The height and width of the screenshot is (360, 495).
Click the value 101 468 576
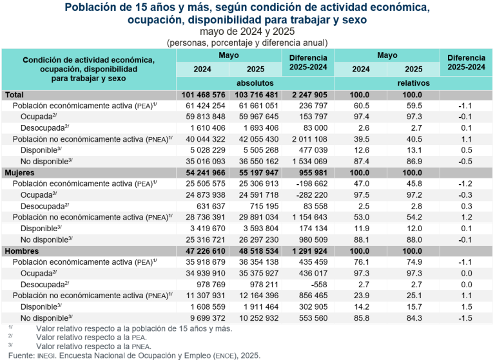click(x=203, y=95)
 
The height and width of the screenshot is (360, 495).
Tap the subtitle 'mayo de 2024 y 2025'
click(x=247, y=32)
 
